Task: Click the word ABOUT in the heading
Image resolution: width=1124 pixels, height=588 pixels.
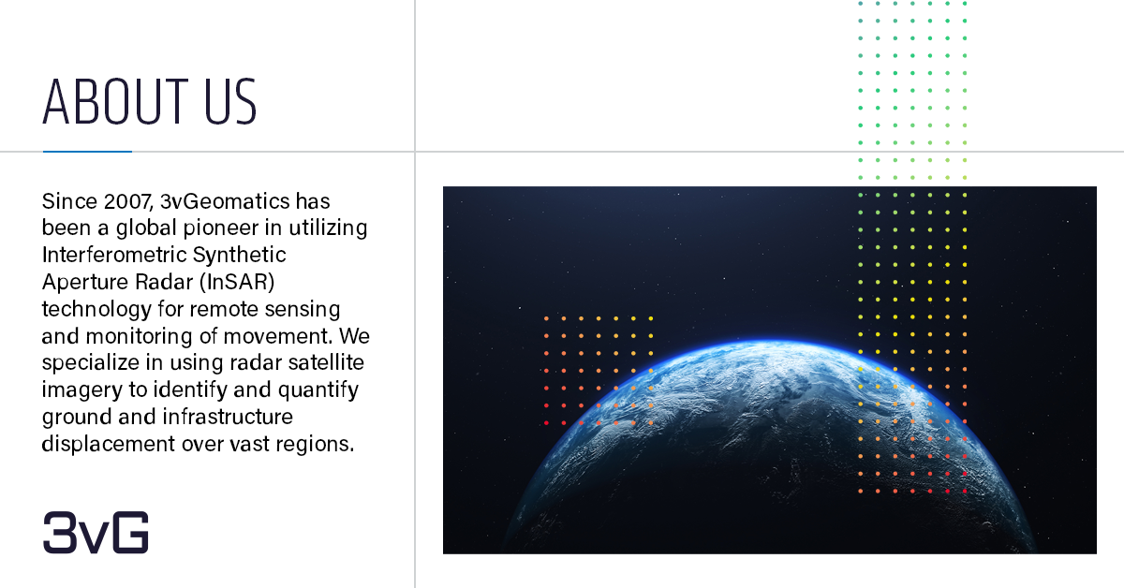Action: coord(115,101)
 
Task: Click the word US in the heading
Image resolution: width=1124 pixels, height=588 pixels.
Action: coord(230,101)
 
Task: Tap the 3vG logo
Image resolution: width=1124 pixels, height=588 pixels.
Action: coord(96,533)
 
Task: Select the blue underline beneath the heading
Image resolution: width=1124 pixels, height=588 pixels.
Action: coord(87,151)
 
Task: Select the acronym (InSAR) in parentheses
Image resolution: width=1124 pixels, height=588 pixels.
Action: coord(237,282)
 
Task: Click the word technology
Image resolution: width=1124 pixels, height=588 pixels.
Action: coord(96,309)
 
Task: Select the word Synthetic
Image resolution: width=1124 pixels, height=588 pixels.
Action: coord(240,255)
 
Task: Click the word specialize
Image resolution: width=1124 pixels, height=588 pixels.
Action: coord(90,362)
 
